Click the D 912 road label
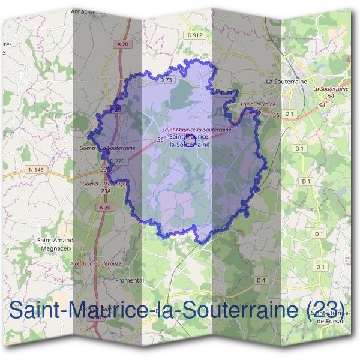coord(196,35)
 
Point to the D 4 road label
coord(260,280)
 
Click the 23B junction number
coord(106,170)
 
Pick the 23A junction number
coord(106,191)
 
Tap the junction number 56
coord(160,140)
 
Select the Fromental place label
coord(129,280)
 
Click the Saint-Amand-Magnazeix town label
coord(55,243)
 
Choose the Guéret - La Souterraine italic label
coord(107,147)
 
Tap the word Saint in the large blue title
coord(37,310)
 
